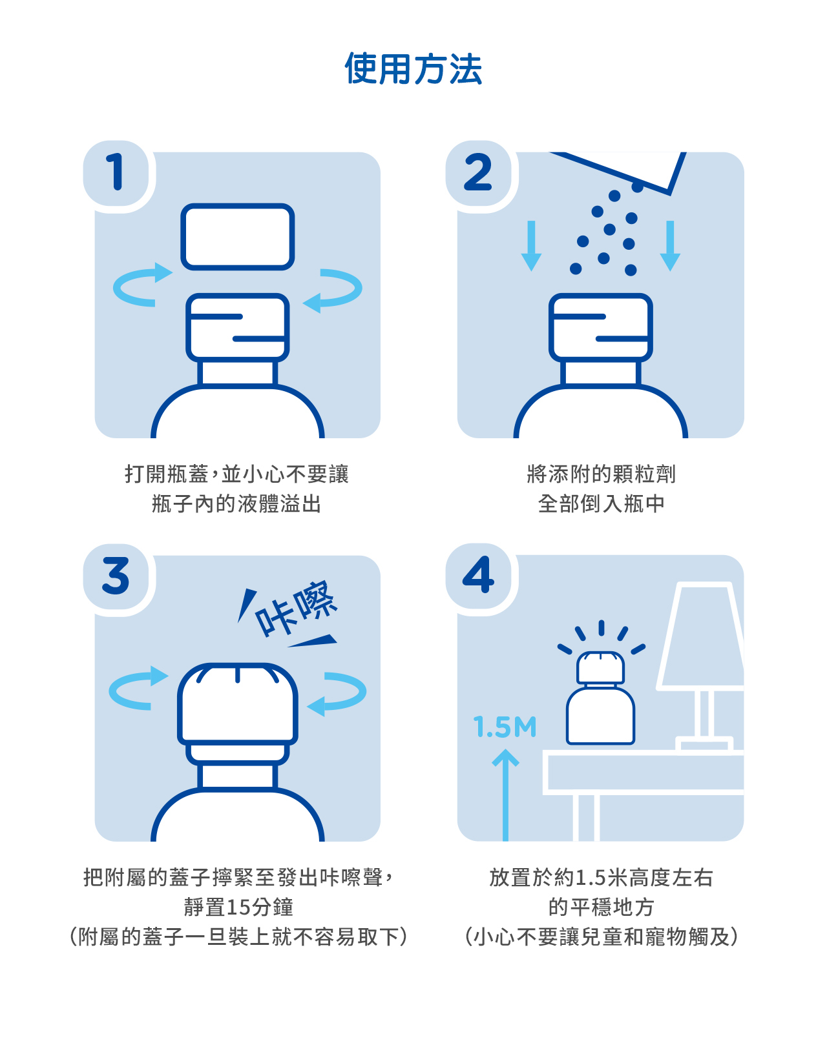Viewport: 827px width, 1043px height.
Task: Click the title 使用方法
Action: pyautogui.click(x=413, y=69)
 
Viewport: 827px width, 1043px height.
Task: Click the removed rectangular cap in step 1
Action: pyautogui.click(x=237, y=236)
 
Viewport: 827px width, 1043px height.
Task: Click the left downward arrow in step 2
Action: pyautogui.click(x=532, y=246)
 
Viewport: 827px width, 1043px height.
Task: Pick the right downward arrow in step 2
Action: pyautogui.click(x=670, y=246)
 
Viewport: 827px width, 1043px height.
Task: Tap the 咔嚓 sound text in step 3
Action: pyautogui.click(x=295, y=608)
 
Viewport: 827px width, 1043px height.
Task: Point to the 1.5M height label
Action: pyautogui.click(x=505, y=727)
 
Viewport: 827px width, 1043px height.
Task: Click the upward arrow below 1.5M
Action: pyautogui.click(x=505, y=795)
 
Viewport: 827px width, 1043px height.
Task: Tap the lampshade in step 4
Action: pyautogui.click(x=701, y=636)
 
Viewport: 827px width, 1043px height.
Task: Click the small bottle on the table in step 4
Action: pyautogui.click(x=600, y=698)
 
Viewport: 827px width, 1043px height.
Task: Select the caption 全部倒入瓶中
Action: pyautogui.click(x=601, y=504)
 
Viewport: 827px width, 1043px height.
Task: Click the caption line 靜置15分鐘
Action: pyautogui.click(x=238, y=907)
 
